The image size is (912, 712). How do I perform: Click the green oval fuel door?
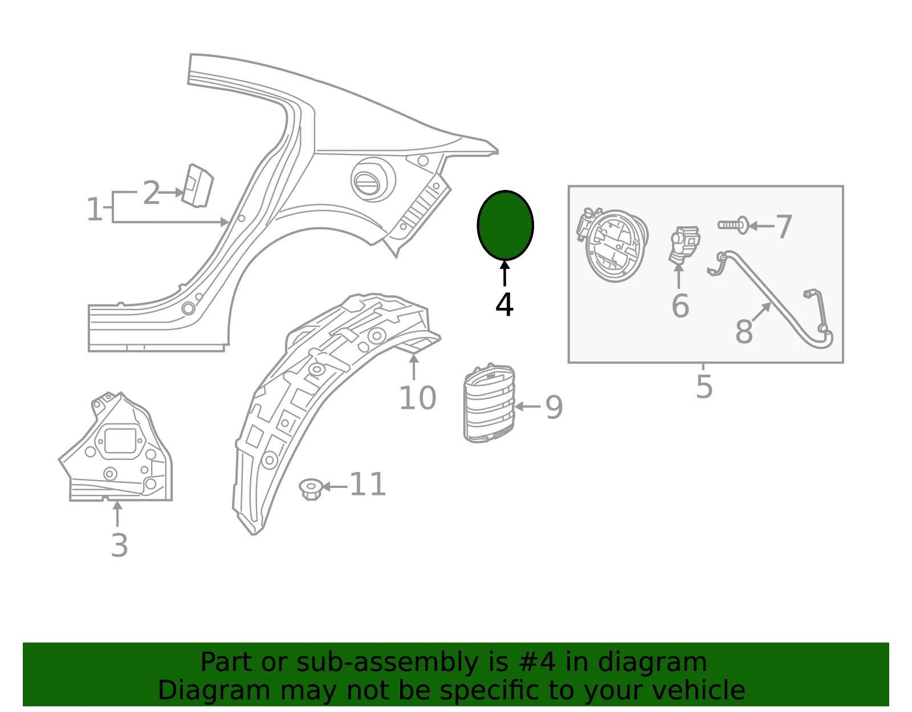pyautogui.click(x=506, y=225)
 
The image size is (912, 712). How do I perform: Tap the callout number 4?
pyautogui.click(x=504, y=305)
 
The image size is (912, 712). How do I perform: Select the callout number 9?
pyautogui.click(x=553, y=408)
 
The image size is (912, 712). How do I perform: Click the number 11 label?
pyautogui.click(x=368, y=484)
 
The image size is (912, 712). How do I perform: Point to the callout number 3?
pyautogui.click(x=119, y=546)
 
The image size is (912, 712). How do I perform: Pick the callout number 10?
pyautogui.click(x=418, y=398)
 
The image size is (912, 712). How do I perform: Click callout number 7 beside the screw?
pyautogui.click(x=784, y=227)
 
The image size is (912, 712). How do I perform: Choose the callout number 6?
pyautogui.click(x=681, y=306)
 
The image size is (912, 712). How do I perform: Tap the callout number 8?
pyautogui.click(x=744, y=331)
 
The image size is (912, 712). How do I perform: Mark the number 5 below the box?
pyautogui.click(x=705, y=386)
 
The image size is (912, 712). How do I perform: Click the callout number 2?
pyautogui.click(x=151, y=193)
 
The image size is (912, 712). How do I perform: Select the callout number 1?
pyautogui.click(x=94, y=209)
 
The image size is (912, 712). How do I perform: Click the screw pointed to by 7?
pyautogui.click(x=733, y=225)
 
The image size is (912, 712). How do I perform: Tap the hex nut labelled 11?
pyautogui.click(x=311, y=489)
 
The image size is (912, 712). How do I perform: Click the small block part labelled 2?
pyautogui.click(x=197, y=185)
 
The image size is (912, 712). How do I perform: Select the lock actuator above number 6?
pyautogui.click(x=684, y=246)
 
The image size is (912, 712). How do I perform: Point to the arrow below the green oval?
pyautogui.click(x=505, y=274)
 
